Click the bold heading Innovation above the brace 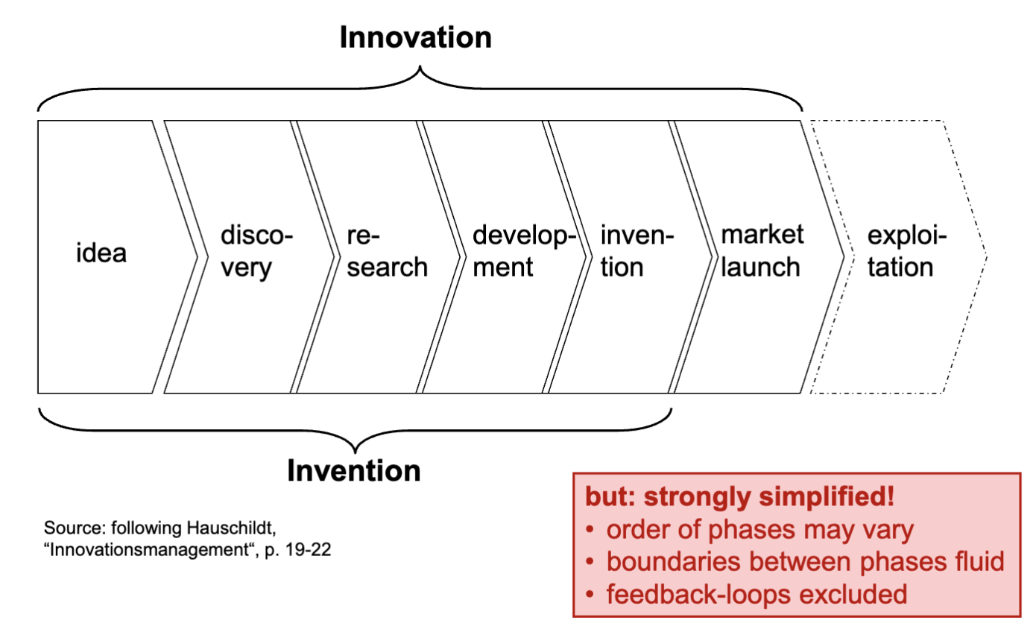pyautogui.click(x=415, y=37)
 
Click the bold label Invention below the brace pyautogui.click(x=354, y=470)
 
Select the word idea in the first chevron pyautogui.click(x=101, y=253)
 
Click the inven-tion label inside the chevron pyautogui.click(x=637, y=253)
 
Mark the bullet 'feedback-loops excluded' pyautogui.click(x=756, y=594)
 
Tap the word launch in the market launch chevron pyautogui.click(x=762, y=267)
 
